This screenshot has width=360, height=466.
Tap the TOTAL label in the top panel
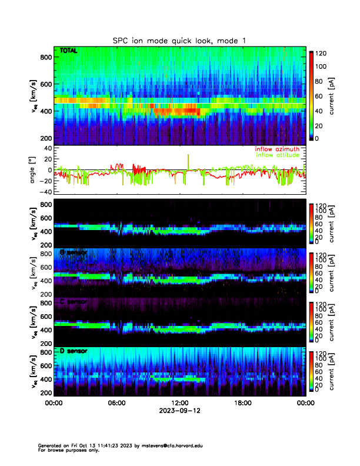click(x=69, y=51)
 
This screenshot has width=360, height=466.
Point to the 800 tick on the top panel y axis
click(x=45, y=57)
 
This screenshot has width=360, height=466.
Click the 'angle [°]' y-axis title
click(x=33, y=170)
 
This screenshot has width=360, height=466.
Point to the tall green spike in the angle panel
click(x=188, y=160)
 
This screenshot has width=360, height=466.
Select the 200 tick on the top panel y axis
click(x=45, y=138)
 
